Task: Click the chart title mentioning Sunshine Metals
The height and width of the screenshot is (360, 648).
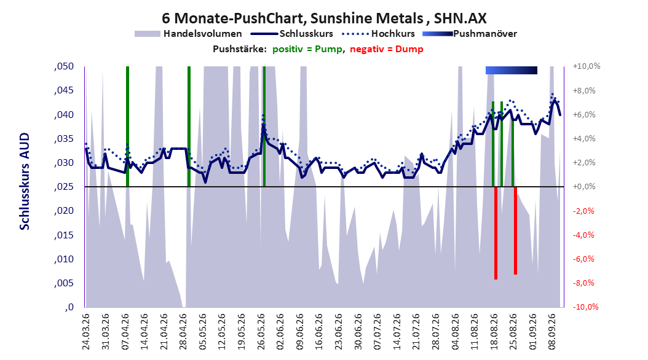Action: pos(324,18)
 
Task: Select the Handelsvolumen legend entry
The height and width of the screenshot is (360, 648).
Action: pos(189,34)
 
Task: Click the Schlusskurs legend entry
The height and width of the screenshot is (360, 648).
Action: pos(292,34)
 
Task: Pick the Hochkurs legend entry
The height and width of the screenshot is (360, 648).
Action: pos(379,34)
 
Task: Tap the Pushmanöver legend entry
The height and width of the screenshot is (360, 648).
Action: pos(470,34)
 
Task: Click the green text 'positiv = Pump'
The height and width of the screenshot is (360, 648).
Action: pos(307,49)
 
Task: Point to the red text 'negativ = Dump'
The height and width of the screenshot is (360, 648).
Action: pos(387,49)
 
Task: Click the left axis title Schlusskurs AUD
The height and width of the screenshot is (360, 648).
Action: pos(25,181)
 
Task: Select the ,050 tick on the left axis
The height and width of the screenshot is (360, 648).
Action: pos(64,66)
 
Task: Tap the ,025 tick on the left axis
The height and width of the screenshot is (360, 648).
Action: pos(64,187)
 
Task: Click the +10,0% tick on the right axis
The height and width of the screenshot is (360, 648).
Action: pos(587,66)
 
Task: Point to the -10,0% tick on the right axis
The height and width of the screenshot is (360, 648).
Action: pos(585,307)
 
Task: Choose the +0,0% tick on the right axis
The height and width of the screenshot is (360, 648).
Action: pos(584,187)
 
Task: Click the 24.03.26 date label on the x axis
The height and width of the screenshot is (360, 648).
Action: pos(86,332)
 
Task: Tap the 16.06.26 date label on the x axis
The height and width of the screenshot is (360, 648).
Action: pos(319,332)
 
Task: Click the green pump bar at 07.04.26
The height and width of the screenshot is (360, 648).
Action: pos(127,127)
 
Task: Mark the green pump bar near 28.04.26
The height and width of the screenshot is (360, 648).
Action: pos(189,127)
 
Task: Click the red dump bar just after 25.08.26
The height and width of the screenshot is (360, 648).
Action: pos(515,230)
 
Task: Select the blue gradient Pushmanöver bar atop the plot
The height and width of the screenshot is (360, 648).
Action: pos(512,70)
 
